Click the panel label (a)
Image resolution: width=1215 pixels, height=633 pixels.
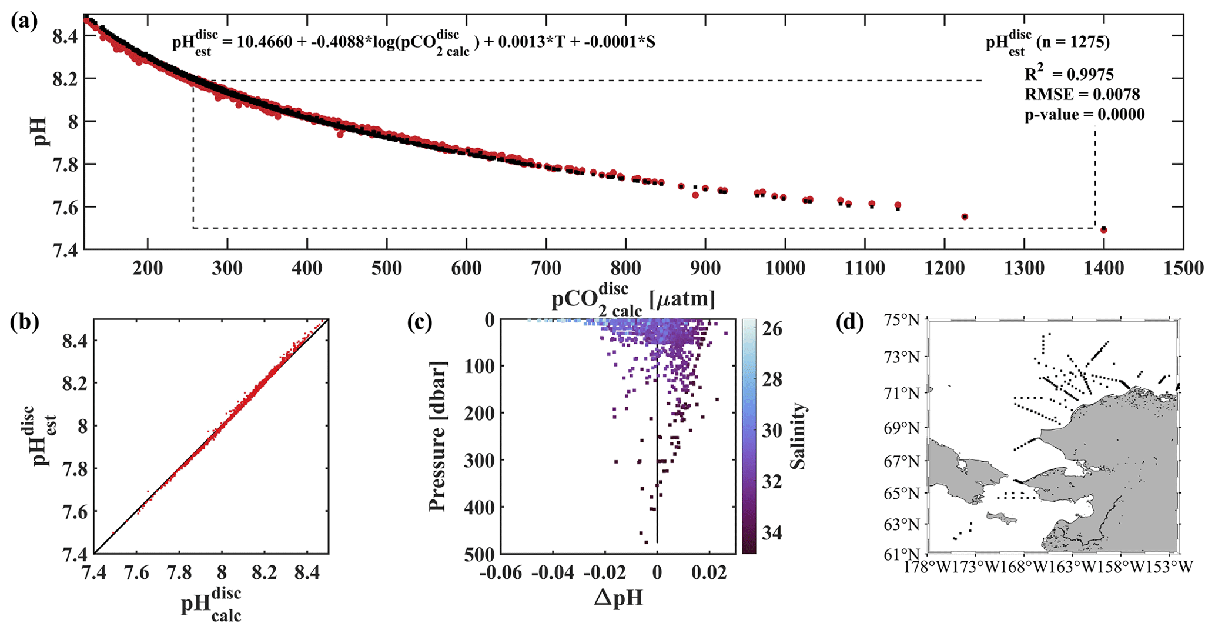coord(24,22)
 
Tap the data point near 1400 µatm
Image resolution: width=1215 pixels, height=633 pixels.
coord(1103,229)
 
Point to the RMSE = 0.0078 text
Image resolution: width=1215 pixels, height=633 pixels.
coord(1082,94)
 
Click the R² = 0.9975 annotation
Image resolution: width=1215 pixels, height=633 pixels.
coord(1069,74)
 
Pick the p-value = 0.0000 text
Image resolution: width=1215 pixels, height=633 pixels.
coord(1085,115)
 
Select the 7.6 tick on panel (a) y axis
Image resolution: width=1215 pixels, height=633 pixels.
coord(66,207)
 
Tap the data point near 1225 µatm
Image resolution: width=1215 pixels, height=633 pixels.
coord(964,216)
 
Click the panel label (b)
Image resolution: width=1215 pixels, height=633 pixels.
coord(24,323)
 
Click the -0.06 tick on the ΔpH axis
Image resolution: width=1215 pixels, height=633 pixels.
coord(500,572)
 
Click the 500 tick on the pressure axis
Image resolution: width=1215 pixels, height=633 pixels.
coord(480,554)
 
